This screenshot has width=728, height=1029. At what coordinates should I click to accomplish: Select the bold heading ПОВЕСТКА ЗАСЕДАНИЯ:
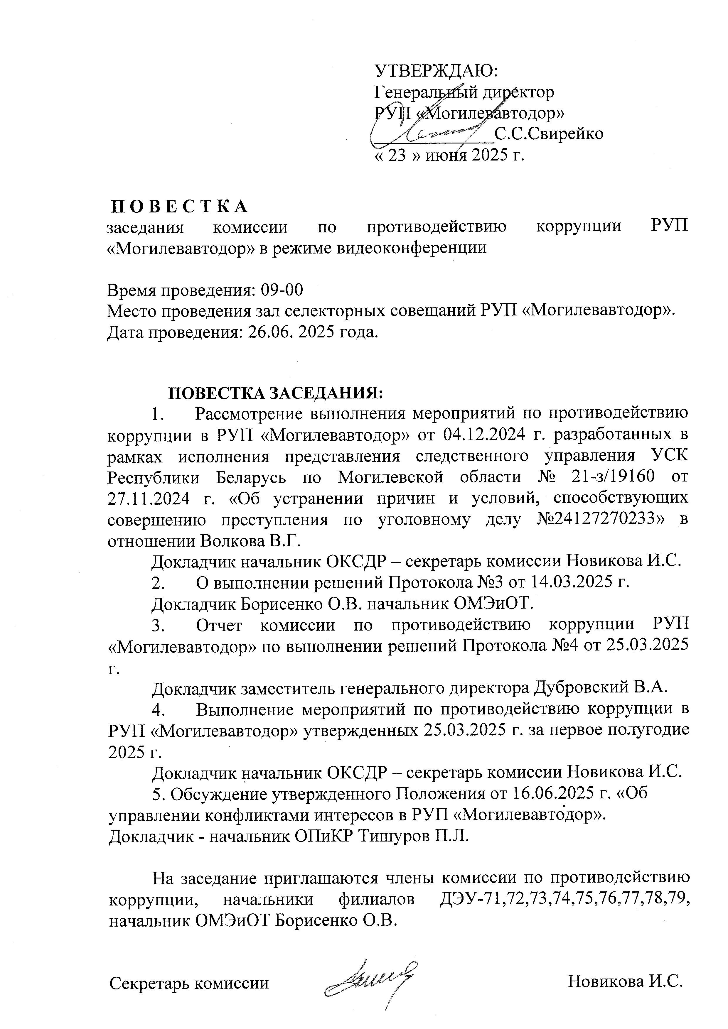point(275,393)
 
